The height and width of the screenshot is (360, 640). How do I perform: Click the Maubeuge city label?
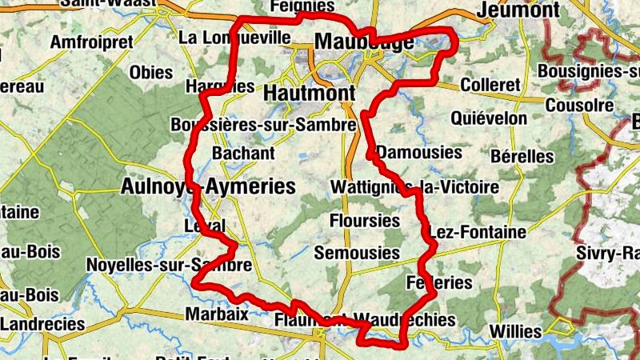pyautogui.click(x=365, y=42)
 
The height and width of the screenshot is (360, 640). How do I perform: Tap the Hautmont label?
pyautogui.click(x=309, y=93)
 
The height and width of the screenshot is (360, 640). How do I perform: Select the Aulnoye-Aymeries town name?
pyautogui.click(x=208, y=187)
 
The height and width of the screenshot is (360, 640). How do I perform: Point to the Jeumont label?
pyautogui.click(x=518, y=10)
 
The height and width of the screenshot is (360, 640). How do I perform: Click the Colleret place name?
pyautogui.click(x=491, y=85)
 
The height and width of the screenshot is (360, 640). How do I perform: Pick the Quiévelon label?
pyautogui.click(x=489, y=118)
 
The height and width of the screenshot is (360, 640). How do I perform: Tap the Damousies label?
pyautogui.click(x=419, y=152)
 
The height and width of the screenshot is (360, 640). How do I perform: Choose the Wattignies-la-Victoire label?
pyautogui.click(x=414, y=187)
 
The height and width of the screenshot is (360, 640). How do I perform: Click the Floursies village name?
pyautogui.click(x=364, y=220)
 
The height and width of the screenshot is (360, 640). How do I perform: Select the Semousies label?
pyautogui.click(x=357, y=253)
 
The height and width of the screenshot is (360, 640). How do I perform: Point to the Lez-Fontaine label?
pyautogui.click(x=478, y=232)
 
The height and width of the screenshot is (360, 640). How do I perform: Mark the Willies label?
pyautogui.click(x=515, y=330)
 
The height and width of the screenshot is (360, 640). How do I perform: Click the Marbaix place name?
pyautogui.click(x=217, y=314)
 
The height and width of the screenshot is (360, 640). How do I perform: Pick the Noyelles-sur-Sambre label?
pyautogui.click(x=169, y=266)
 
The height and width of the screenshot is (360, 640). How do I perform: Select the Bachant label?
pyautogui.click(x=243, y=154)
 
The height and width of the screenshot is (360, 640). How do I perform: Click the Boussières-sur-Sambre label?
pyautogui.click(x=263, y=126)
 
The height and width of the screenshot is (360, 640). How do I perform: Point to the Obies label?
pyautogui.click(x=151, y=73)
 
